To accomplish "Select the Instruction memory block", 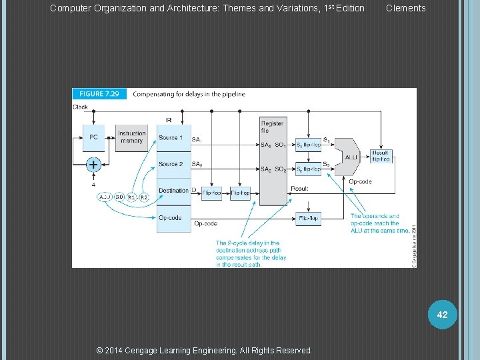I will coord(131,137).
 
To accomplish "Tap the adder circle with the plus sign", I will coord(93,164).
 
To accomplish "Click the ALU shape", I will coord(349,157).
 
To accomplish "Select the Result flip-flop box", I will coord(381,156).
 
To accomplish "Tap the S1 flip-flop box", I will coord(308,145).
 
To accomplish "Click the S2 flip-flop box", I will coord(308,169).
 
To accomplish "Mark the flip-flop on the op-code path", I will coord(308,218).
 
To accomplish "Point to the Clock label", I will coord(80,107).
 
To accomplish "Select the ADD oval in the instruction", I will coord(105,197).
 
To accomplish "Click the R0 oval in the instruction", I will coord(119,197).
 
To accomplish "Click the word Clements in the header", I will coord(405,8).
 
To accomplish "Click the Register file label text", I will coord(271,127).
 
